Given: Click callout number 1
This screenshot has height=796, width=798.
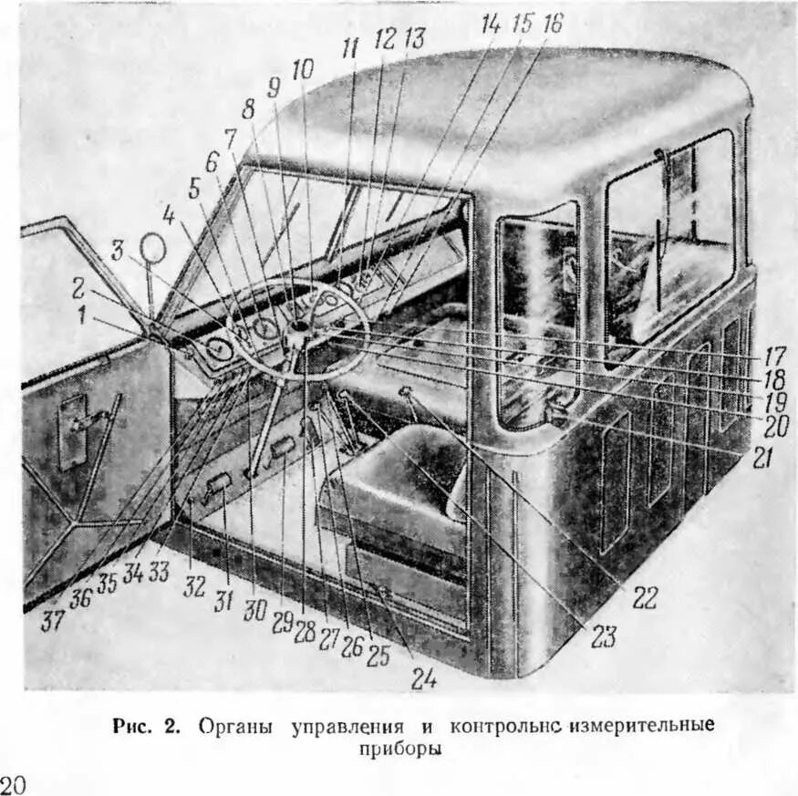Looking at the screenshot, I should (x=85, y=315).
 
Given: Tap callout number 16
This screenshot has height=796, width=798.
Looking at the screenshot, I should (x=552, y=25).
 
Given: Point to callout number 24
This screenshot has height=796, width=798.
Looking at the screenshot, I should (x=422, y=678).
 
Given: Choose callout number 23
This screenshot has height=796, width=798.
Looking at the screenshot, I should (x=603, y=636).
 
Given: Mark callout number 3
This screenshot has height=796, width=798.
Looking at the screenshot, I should (x=119, y=251).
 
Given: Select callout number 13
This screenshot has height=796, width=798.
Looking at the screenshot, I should (x=415, y=38).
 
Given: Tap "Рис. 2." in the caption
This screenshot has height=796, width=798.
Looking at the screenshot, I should (x=149, y=727).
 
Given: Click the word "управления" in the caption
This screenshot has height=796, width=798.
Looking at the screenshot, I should (x=347, y=727).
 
